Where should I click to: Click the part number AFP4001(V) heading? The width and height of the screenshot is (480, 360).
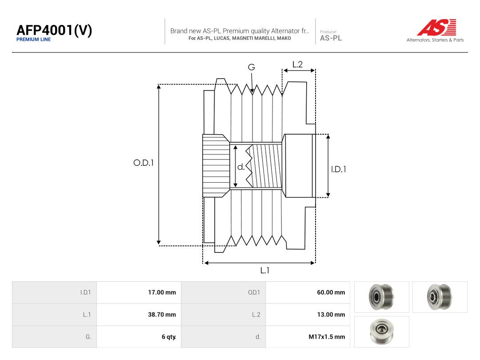[54, 30]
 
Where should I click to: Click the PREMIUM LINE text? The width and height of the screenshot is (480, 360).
[34, 40]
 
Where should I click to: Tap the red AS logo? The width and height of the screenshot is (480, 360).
[436, 27]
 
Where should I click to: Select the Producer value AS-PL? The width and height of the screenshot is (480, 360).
[331, 38]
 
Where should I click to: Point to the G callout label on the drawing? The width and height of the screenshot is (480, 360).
[251, 67]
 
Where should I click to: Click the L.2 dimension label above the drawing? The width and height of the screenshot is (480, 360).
[297, 64]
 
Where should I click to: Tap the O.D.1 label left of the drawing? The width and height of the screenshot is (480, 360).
[144, 163]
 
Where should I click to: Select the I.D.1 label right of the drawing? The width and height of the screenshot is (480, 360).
[339, 169]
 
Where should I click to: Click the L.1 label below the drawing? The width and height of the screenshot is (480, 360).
[265, 270]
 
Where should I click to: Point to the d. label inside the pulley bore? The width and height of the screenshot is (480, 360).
[241, 167]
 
